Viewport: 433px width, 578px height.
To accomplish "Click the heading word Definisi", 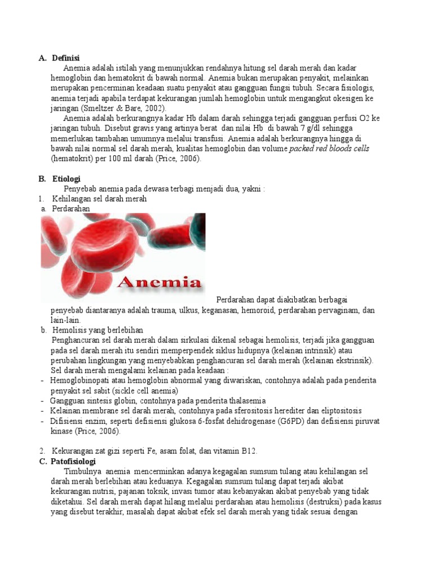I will [66, 58].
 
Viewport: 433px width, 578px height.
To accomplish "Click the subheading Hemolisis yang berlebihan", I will [98, 330].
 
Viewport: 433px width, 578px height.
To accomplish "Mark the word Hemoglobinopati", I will [79, 380].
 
